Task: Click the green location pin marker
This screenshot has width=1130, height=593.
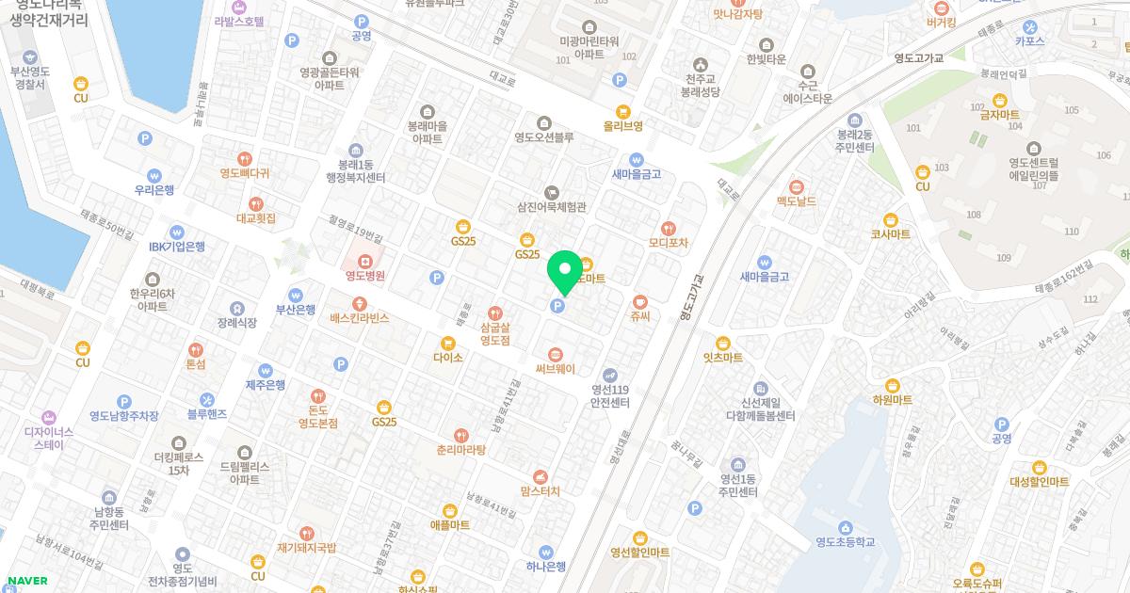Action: (x=565, y=271)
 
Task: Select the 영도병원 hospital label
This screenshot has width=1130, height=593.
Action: (x=364, y=276)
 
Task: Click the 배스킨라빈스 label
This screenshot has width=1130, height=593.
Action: (x=359, y=318)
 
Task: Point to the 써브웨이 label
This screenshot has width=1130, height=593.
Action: (x=556, y=369)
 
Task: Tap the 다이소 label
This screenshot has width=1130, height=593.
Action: (x=448, y=358)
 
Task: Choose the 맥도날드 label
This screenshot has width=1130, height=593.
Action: (x=797, y=201)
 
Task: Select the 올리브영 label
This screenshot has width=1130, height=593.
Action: (x=622, y=125)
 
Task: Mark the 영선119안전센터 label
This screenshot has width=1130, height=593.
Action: (x=609, y=395)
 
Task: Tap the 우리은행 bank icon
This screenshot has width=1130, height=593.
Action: (x=154, y=175)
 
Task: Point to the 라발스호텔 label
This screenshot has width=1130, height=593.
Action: (x=238, y=21)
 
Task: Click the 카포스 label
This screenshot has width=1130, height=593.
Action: (x=1030, y=41)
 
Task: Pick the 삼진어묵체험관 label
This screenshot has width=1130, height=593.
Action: (x=552, y=207)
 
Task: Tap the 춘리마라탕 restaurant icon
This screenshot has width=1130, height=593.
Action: (x=460, y=435)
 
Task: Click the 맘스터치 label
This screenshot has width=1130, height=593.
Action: (x=541, y=490)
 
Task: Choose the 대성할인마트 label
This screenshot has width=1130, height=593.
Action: (x=1040, y=481)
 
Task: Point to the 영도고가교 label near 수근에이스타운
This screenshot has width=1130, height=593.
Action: (x=918, y=56)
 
